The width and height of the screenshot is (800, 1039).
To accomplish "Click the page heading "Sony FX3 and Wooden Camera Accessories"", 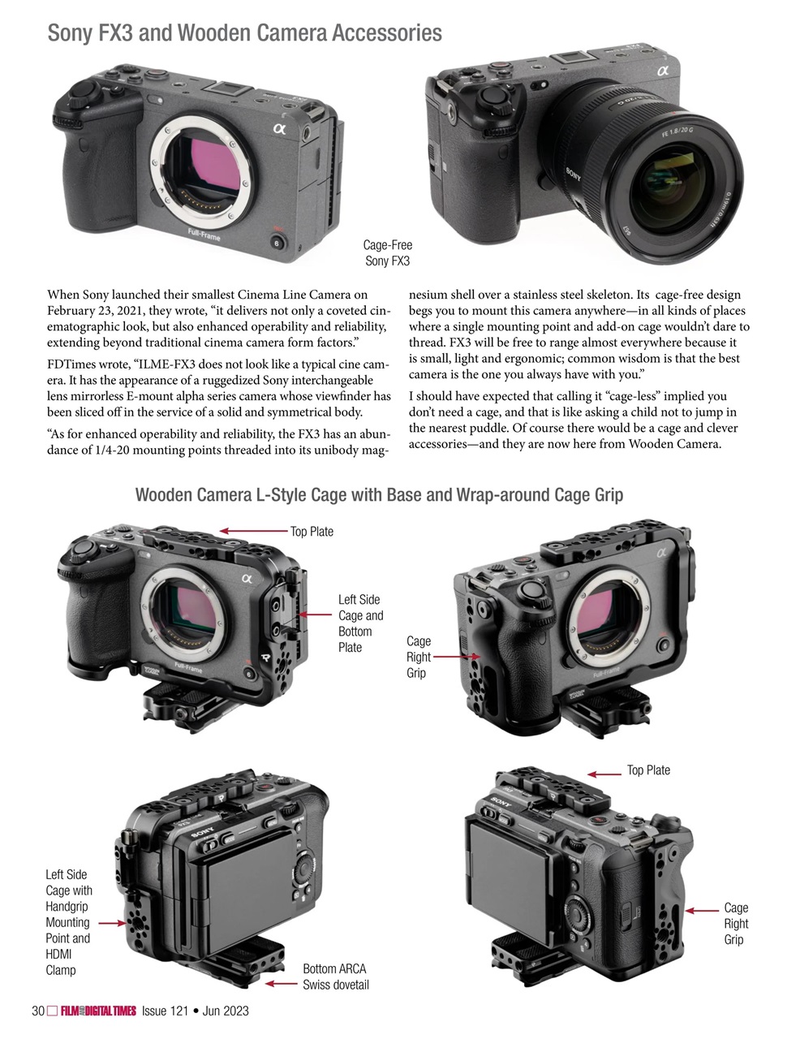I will pyautogui.click(x=244, y=33).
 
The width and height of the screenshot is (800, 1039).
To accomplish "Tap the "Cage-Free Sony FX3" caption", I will pyautogui.click(x=387, y=252).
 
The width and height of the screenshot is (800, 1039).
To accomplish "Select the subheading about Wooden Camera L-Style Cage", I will pyautogui.click(x=379, y=494).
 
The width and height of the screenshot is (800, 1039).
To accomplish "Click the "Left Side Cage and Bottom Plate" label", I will pyautogui.click(x=360, y=623).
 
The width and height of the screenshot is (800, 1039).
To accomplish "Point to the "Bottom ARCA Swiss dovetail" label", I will pyautogui.click(x=335, y=976).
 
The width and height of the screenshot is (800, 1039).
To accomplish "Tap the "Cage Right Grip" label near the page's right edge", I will pyautogui.click(x=736, y=923).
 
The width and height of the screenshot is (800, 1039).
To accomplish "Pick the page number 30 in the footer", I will pyautogui.click(x=37, y=1011).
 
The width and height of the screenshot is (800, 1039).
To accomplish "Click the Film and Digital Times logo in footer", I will pyautogui.click(x=97, y=1011).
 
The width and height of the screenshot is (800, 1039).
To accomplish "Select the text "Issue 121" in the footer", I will pyautogui.click(x=165, y=1011).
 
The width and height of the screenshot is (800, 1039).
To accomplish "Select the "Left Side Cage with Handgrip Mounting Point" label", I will pyautogui.click(x=68, y=921).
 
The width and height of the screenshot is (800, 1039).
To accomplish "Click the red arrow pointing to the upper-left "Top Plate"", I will pyautogui.click(x=252, y=532).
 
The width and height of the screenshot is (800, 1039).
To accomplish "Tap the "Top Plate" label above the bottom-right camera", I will pyautogui.click(x=648, y=770).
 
